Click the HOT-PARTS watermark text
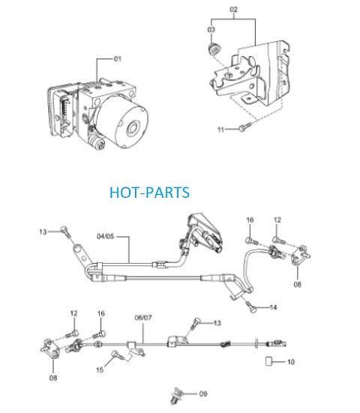(x=149, y=193)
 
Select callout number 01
(x=118, y=58)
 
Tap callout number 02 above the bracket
(x=233, y=10)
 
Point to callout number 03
(x=211, y=30)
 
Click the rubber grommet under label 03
(x=214, y=49)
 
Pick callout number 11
(x=220, y=130)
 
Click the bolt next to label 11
(x=244, y=127)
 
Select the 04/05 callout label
(x=106, y=236)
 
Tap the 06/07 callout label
(x=143, y=318)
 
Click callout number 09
(x=203, y=394)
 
